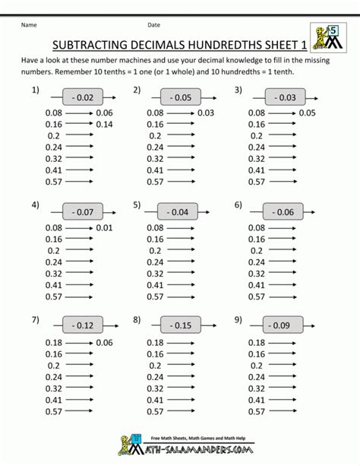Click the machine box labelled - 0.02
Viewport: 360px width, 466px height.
pos(77,97)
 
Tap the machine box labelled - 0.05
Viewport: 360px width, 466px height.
pos(181,97)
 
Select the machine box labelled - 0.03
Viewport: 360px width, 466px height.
pos(286,97)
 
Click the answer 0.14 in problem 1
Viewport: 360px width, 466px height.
pos(105,124)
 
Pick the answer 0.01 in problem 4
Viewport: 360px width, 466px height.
pos(105,227)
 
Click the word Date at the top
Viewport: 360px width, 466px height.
pos(154,24)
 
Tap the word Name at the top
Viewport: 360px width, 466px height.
pos(29,24)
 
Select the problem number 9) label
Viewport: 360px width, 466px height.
pos(238,320)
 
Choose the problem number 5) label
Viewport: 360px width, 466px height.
pos(137,205)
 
